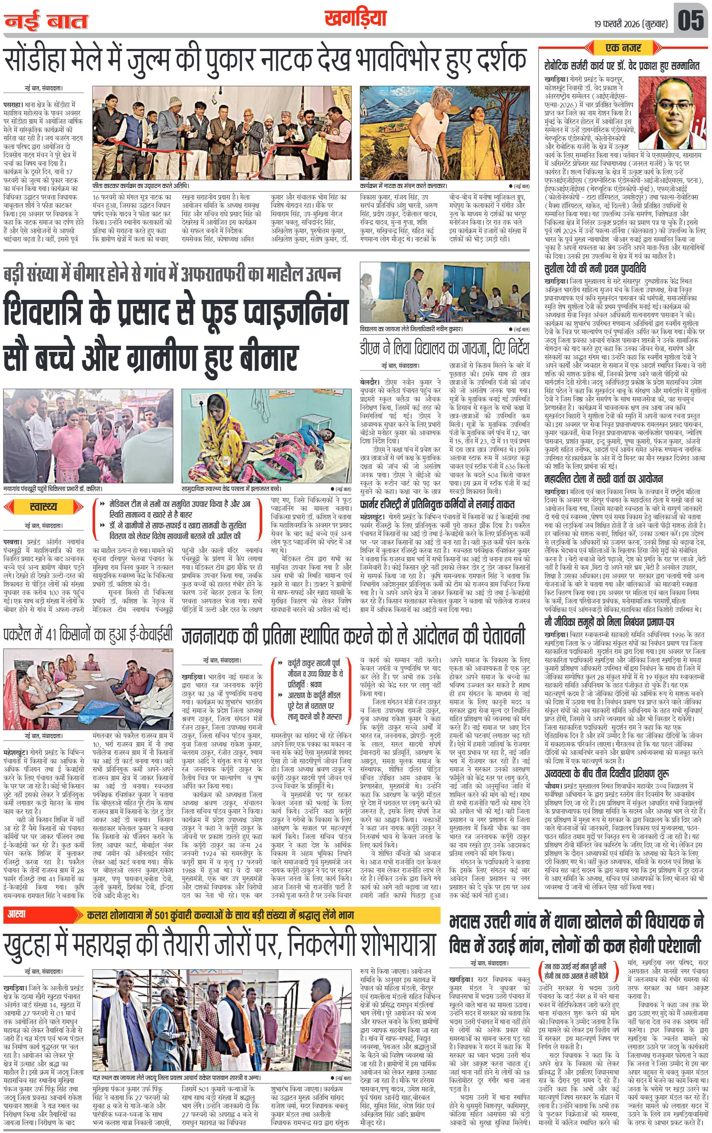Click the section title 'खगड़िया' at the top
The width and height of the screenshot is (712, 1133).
point(355,19)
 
